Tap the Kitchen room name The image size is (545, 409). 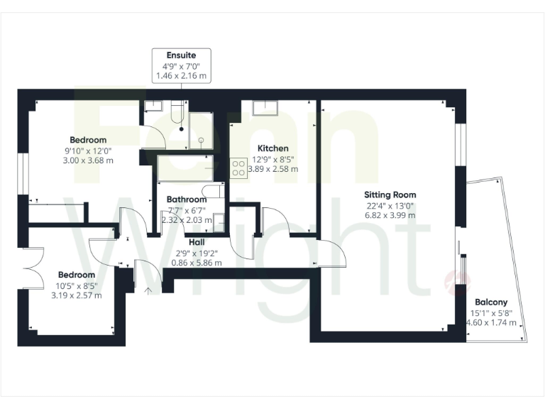click(272, 148)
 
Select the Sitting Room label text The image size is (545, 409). click(390, 195)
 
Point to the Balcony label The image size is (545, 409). click(491, 302)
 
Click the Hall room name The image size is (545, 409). click(197, 241)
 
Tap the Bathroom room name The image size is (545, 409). click(187, 200)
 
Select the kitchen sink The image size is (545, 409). click(265, 107)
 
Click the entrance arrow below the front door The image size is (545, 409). click(148, 289)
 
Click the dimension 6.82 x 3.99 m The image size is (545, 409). click(390, 215)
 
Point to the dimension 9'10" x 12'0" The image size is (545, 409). click(88, 150)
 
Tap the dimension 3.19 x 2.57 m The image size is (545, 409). click(76, 295)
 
